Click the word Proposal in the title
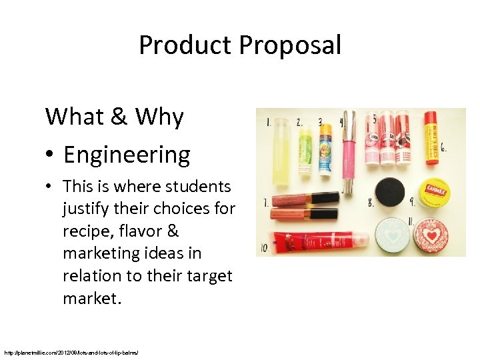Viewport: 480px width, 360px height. pos(289,46)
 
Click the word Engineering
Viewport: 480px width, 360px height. pos(127,155)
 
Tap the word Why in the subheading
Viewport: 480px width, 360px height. pos(159,117)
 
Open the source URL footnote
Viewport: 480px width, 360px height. pos(70,351)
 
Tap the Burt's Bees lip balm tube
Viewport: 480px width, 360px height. pos(431,140)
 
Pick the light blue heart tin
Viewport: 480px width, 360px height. pos(391,235)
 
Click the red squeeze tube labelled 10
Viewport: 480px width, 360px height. pos(319,241)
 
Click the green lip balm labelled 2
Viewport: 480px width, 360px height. pos(305,149)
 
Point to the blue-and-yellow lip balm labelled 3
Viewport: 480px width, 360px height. pos(325,148)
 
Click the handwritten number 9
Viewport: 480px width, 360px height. pos(413,200)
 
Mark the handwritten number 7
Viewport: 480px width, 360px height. pos(266,201)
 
